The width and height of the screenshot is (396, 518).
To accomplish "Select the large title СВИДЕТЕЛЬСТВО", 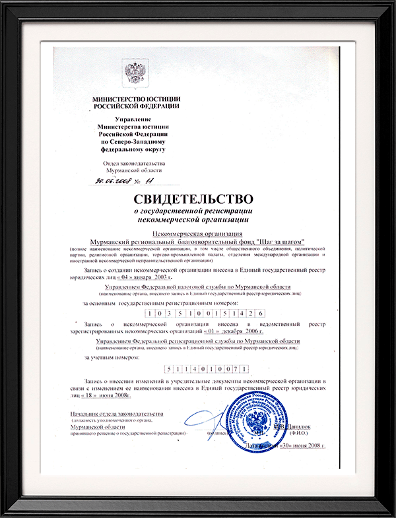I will click(x=194, y=198).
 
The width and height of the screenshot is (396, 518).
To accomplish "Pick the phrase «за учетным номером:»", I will click(x=112, y=357).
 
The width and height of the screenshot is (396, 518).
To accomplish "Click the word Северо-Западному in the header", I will click(x=140, y=142).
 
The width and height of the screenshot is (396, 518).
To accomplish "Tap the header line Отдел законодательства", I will click(x=135, y=163).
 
